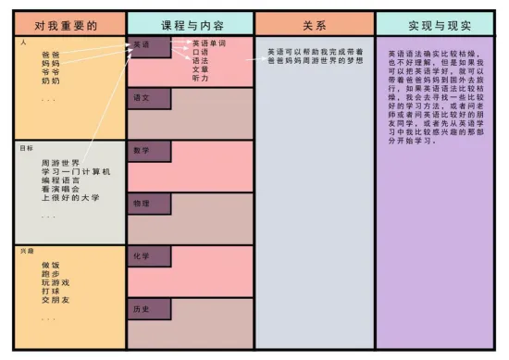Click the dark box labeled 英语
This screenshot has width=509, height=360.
[x=148, y=46]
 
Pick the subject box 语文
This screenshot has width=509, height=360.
[x=148, y=97]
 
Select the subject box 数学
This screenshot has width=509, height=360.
[x=148, y=150]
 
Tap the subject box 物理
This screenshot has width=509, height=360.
[x=148, y=203]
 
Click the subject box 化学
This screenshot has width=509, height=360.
[x=148, y=255]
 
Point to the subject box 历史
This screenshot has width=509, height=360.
[x=148, y=309]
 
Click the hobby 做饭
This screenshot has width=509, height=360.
[x=51, y=266]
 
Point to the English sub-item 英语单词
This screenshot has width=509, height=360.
[x=208, y=43]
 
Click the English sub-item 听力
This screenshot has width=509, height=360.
[x=200, y=78]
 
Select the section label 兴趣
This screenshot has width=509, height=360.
[x=26, y=251]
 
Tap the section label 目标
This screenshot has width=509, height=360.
[x=26, y=147]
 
